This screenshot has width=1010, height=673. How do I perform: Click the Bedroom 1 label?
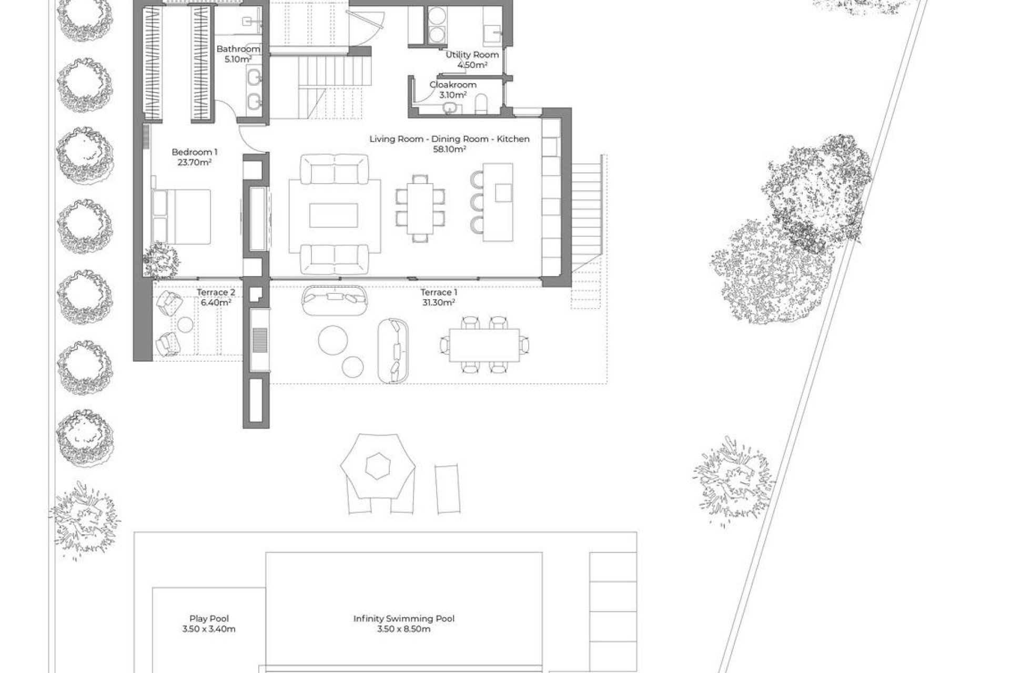(x=194, y=152)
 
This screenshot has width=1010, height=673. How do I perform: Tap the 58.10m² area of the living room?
(x=449, y=149)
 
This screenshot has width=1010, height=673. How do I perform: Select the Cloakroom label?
(x=453, y=85)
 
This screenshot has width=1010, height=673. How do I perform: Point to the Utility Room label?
(x=472, y=55)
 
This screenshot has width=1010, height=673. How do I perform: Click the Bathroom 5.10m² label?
(x=238, y=54)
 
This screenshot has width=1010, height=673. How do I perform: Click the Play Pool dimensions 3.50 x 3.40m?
(x=209, y=629)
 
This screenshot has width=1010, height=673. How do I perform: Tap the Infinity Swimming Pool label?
(x=404, y=619)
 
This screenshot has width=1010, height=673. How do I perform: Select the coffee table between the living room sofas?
(x=334, y=216)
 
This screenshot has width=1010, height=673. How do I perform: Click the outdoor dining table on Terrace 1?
(x=484, y=345)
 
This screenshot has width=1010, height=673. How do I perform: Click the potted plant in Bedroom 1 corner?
(x=160, y=260)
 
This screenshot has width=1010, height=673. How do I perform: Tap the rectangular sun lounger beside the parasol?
(x=448, y=489)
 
